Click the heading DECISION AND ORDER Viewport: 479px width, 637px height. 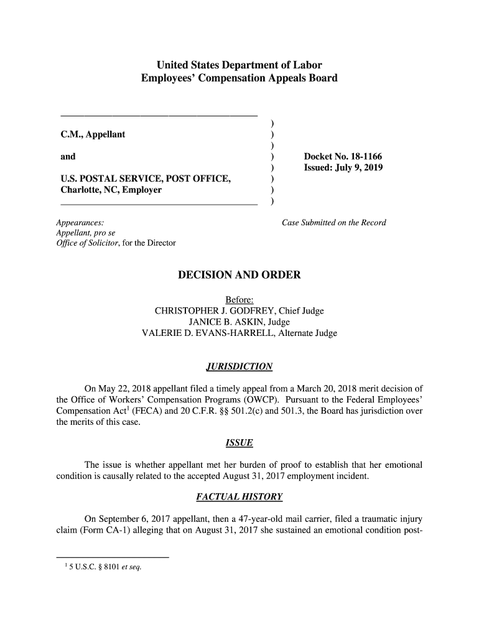click(x=239, y=275)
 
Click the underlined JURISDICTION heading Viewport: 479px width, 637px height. click(x=239, y=365)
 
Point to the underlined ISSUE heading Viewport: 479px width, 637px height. click(x=239, y=442)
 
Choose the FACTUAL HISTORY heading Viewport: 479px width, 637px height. click(x=239, y=497)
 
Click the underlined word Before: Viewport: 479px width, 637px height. click(x=239, y=300)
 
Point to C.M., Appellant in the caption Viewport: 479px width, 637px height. click(x=93, y=134)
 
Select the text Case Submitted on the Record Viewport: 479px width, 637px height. click(x=334, y=223)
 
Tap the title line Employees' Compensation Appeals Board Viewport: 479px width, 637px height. click(x=239, y=79)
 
